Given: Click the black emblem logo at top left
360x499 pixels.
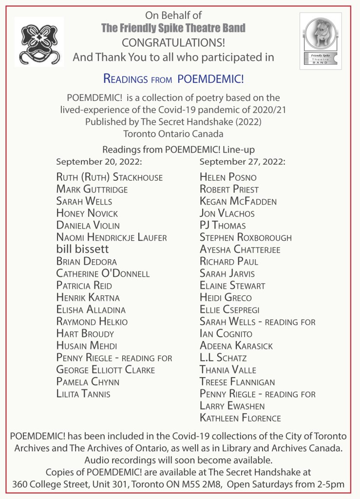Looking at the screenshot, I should point(38,42).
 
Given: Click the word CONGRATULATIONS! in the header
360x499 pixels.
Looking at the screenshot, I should point(173,42).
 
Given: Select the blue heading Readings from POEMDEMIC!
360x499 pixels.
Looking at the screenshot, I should point(173,78).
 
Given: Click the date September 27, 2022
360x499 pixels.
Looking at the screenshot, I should point(242,161).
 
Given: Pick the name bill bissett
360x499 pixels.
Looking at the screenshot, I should point(83,249).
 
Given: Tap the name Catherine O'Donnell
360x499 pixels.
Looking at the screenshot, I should point(103,273).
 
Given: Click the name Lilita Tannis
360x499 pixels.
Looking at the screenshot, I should point(83,394).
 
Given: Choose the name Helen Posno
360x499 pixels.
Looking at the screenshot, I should point(228,177).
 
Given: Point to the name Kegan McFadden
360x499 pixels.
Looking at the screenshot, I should point(238,201).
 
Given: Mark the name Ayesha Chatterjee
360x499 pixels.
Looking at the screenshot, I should point(240,249).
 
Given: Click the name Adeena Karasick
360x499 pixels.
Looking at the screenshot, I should point(236,345).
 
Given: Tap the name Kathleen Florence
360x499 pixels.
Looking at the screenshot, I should point(240,418).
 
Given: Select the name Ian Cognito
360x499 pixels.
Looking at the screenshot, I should point(226,334).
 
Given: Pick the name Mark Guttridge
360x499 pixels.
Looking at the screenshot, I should point(92,189).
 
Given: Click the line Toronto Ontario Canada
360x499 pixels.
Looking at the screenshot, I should point(173,133).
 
